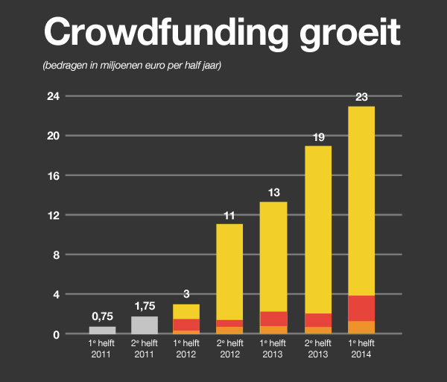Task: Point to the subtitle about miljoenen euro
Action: point(133,66)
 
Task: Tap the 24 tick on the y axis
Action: point(53,96)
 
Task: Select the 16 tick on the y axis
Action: point(53,175)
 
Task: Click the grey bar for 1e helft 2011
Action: point(102,331)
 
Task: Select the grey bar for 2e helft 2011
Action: point(145,325)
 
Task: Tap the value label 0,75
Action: point(102,316)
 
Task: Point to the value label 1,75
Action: point(145,306)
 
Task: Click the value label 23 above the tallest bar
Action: point(361,96)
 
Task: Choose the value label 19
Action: point(318,136)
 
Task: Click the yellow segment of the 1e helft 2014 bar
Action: point(361,201)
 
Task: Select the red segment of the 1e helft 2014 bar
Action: point(361,308)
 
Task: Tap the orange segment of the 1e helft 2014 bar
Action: point(361,328)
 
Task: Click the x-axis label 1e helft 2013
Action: point(273,348)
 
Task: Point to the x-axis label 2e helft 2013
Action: point(318,348)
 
